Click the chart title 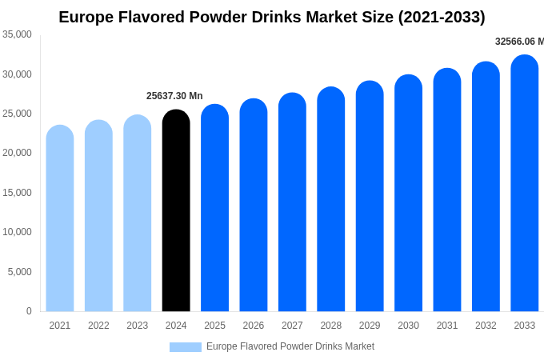pyautogui.click(x=272, y=17)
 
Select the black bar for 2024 pyautogui.click(x=176, y=212)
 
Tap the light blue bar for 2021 pyautogui.click(x=60, y=220)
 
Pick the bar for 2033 pyautogui.click(x=525, y=184)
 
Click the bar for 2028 pyautogui.click(x=331, y=200)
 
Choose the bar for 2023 pyautogui.click(x=138, y=214)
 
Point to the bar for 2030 pyautogui.click(x=408, y=194)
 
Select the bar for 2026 pyautogui.click(x=254, y=206)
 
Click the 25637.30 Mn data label pyautogui.click(x=174, y=96)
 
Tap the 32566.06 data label pyautogui.click(x=518, y=42)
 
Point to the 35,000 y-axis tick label pyautogui.click(x=18, y=34)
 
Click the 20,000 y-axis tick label pyautogui.click(x=18, y=153)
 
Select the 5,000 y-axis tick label pyautogui.click(x=20, y=272)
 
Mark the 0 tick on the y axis pyautogui.click(x=29, y=311)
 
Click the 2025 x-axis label pyautogui.click(x=214, y=326)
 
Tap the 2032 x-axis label pyautogui.click(x=486, y=326)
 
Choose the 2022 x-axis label pyautogui.click(x=98, y=326)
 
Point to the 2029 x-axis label pyautogui.click(x=370, y=326)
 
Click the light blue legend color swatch pyautogui.click(x=186, y=347)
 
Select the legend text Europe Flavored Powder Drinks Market pyautogui.click(x=290, y=346)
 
